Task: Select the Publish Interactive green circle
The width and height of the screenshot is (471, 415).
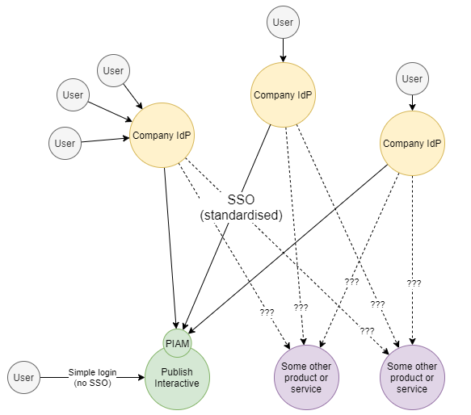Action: tap(177, 377)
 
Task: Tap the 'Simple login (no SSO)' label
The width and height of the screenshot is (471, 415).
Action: tap(92, 377)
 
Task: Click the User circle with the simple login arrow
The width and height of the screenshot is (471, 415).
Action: tap(24, 377)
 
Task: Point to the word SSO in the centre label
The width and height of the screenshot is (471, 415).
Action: tap(240, 199)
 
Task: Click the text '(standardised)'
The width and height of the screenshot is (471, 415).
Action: tap(240, 216)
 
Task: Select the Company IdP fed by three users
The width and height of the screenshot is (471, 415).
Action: tap(162, 135)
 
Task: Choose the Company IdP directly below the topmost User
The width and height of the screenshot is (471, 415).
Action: tap(283, 94)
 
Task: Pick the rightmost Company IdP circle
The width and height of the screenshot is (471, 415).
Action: tap(412, 143)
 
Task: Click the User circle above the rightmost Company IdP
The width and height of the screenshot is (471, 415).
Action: tap(412, 78)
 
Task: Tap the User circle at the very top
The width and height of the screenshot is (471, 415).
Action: tap(283, 23)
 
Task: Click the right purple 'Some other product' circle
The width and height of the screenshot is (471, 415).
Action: tap(412, 377)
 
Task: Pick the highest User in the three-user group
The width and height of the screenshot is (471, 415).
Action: tap(113, 71)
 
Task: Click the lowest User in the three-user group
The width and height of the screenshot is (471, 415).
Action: tap(65, 143)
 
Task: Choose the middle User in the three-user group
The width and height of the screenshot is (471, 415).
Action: tap(73, 95)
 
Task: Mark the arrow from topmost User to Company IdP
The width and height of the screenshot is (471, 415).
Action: tap(283, 50)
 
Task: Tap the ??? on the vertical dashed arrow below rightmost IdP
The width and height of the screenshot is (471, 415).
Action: tap(414, 283)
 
